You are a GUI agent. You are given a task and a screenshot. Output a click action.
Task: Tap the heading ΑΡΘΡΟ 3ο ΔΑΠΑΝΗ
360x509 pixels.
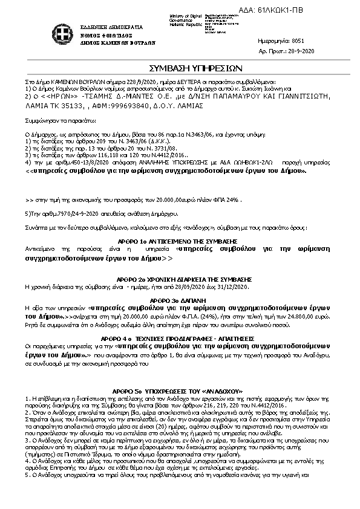(180, 299)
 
